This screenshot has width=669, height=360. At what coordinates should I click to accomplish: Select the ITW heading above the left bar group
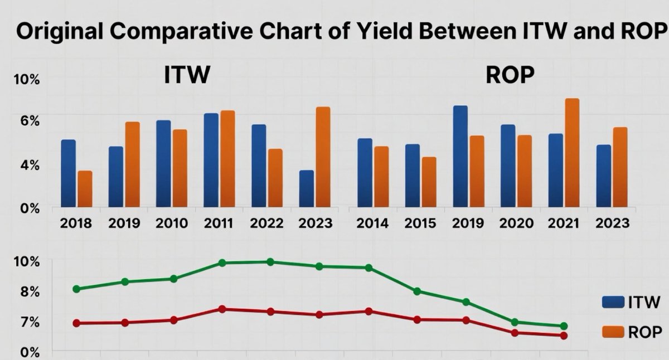[x=187, y=76]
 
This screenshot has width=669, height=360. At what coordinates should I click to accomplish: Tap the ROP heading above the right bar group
[x=510, y=76]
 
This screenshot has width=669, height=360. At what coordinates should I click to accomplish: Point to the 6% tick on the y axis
[x=27, y=121]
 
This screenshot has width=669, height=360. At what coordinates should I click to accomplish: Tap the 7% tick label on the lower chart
[x=27, y=323]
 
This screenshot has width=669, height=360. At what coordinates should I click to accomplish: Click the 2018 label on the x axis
[x=76, y=224]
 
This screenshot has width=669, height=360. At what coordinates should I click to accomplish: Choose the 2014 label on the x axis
[x=373, y=224]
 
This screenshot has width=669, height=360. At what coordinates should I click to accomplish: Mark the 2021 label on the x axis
[x=564, y=224]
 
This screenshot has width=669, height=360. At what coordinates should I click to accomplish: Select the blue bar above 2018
[x=68, y=173]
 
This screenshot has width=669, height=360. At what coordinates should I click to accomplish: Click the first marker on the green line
[x=76, y=289]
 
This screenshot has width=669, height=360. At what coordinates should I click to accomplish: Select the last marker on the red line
[x=564, y=335]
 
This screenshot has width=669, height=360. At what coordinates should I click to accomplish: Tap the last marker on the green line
[x=564, y=326]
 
